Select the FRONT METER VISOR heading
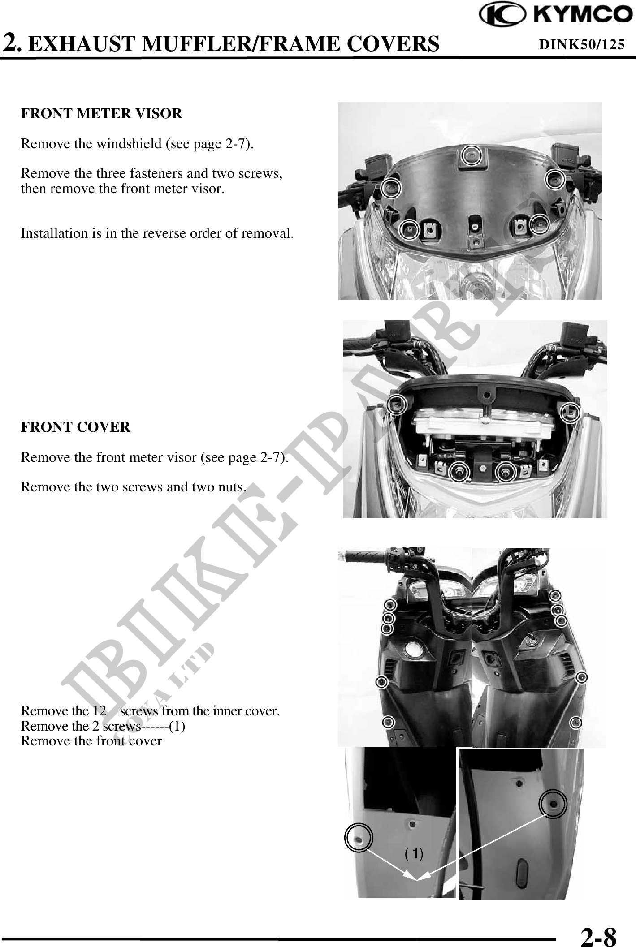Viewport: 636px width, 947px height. pos(102,114)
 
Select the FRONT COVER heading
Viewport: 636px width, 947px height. pos(76,427)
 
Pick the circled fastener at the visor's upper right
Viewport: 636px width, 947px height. pos(555,179)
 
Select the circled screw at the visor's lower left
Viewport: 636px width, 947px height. pos(409,229)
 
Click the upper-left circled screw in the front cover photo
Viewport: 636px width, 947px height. pos(397,404)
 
